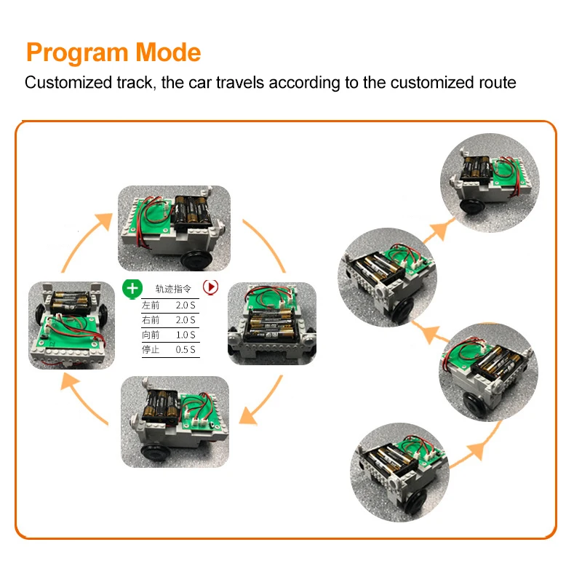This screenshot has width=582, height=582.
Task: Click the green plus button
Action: pos(132,288)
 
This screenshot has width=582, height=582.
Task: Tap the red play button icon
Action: pos(210,287)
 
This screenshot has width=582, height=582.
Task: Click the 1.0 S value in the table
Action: pos(186,335)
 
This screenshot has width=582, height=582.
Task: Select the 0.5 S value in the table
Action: pos(186,350)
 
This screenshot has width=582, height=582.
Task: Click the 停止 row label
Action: pos(151,350)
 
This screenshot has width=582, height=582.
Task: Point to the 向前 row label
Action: pos(151,335)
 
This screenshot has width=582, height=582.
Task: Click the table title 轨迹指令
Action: pos(172,288)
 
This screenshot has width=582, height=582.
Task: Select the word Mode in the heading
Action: pos(169,53)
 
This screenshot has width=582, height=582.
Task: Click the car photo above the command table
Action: pos(174,228)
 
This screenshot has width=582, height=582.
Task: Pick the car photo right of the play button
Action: pos(274,323)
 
